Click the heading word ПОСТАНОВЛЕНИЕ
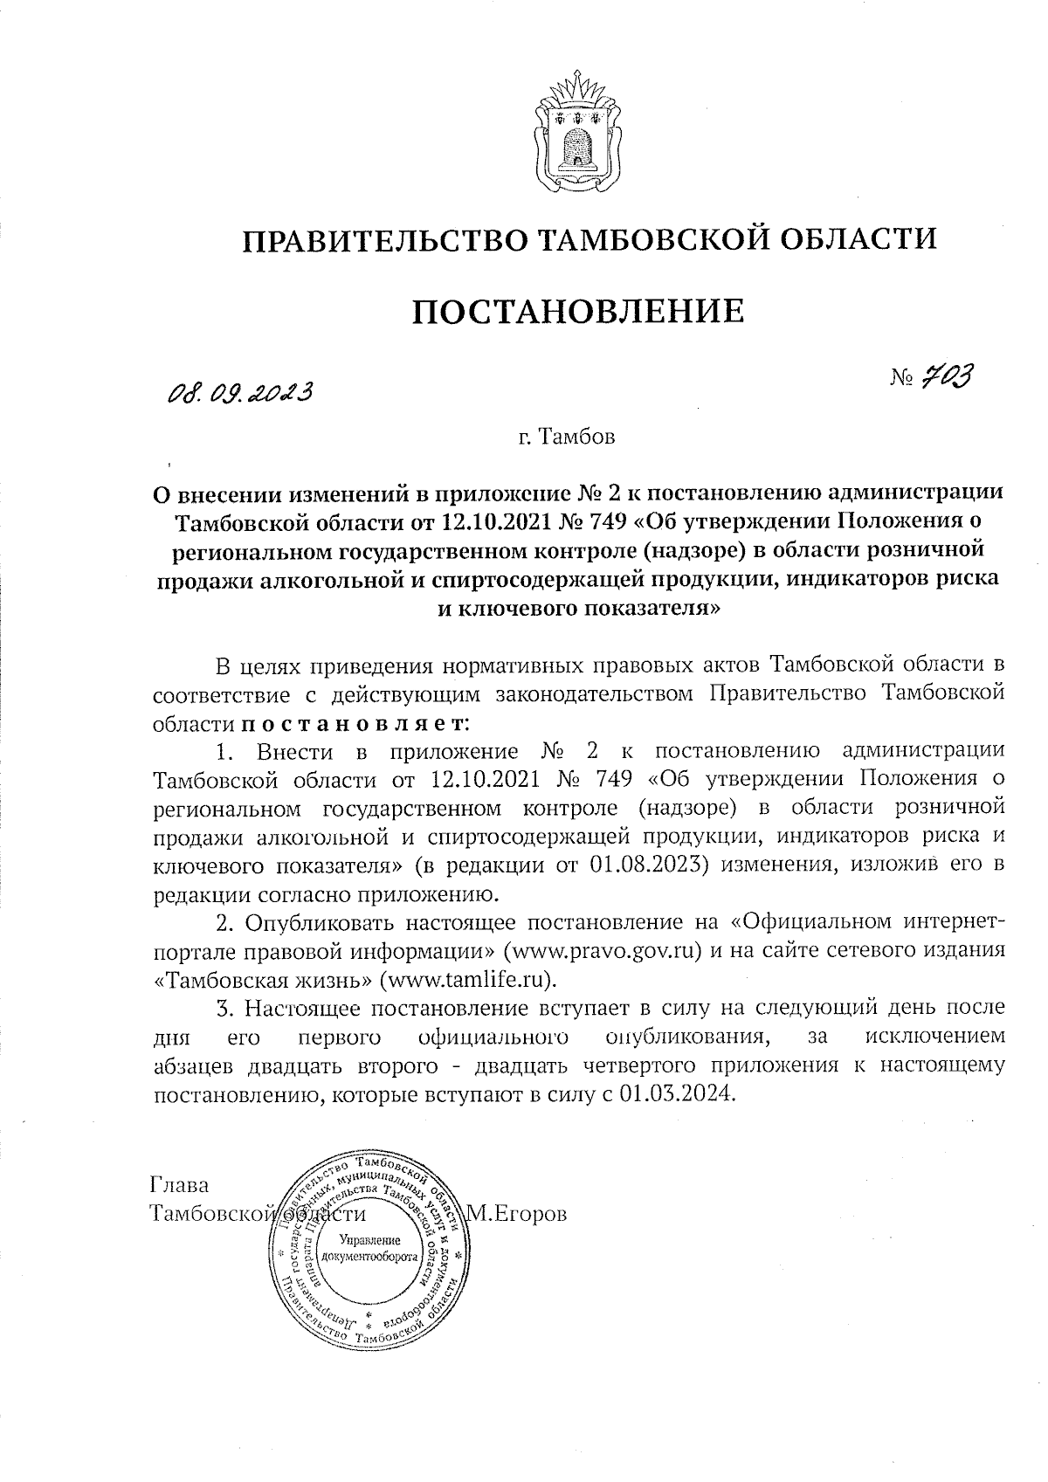point(578,311)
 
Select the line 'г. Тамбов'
point(566,437)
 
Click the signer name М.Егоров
point(517,1214)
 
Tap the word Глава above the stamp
point(180,1187)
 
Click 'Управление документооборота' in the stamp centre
point(369,1249)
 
